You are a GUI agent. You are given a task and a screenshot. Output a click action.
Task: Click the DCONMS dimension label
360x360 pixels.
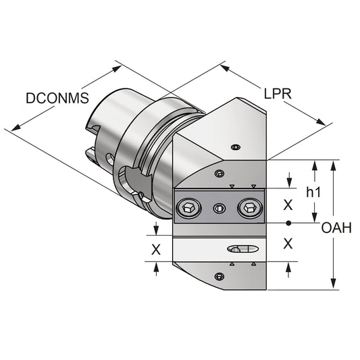click(57, 99)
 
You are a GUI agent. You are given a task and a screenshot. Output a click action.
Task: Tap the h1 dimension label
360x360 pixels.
click(313, 192)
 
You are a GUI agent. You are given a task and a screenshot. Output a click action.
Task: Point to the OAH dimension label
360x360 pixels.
click(336, 228)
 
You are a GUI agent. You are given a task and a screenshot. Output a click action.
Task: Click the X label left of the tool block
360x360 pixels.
click(156, 249)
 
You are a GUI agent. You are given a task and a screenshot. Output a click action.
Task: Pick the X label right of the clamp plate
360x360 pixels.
click(288, 204)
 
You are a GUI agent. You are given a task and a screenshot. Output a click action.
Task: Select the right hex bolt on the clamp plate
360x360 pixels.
click(250, 209)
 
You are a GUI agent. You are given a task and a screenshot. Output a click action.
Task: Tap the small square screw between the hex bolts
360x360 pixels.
click(217, 209)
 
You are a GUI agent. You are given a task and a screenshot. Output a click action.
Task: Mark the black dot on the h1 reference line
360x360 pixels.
click(288, 222)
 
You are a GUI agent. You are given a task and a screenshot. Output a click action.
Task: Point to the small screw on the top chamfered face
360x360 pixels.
click(234, 147)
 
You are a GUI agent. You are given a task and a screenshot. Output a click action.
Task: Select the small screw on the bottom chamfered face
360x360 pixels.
click(218, 276)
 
